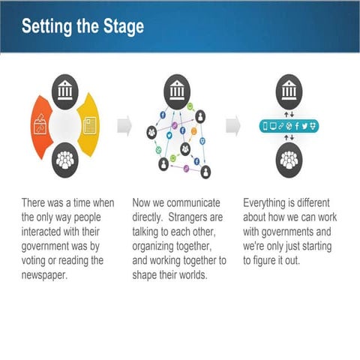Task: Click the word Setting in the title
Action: pyautogui.click(x=45, y=26)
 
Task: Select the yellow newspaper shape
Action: pyautogui.click(x=88, y=124)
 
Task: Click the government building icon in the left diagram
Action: pyautogui.click(x=65, y=91)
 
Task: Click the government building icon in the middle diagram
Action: pyautogui.click(x=177, y=89)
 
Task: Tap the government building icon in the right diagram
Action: pyautogui.click(x=289, y=91)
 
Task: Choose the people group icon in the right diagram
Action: pyautogui.click(x=289, y=159)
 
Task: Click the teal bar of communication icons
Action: pyautogui.click(x=289, y=125)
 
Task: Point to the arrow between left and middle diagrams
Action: pyautogui.click(x=125, y=124)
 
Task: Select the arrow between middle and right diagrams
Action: pyautogui.click(x=233, y=124)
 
